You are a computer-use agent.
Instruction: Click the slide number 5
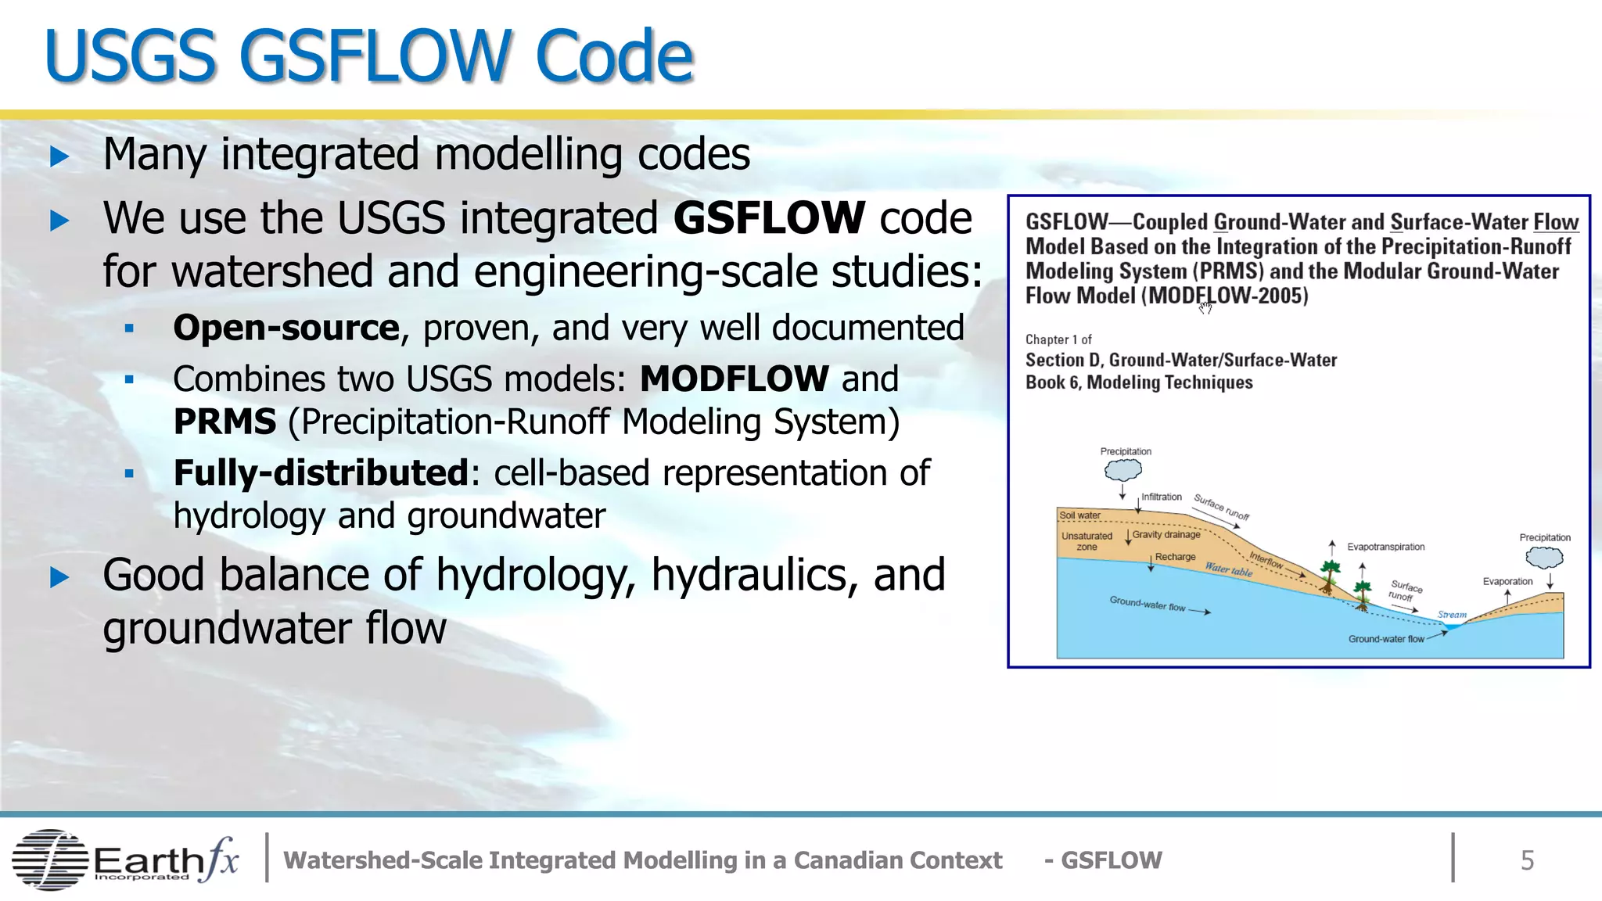tap(1527, 860)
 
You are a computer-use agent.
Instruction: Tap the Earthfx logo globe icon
tap(49, 860)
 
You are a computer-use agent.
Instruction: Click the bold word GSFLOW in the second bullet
tap(769, 218)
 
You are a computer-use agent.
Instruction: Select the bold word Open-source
tap(286, 328)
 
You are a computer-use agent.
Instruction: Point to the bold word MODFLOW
tap(734, 379)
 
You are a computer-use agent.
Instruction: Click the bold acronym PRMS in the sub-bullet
tap(224, 422)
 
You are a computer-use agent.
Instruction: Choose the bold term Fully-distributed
tap(321, 473)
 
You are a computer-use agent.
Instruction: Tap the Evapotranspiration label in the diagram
tap(1385, 547)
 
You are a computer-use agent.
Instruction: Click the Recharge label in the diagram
tap(1175, 557)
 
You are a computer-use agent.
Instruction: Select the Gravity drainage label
tap(1166, 535)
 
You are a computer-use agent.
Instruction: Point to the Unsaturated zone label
tap(1087, 541)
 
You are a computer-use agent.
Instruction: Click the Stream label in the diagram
tap(1452, 615)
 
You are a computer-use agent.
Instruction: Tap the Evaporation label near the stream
tap(1507, 581)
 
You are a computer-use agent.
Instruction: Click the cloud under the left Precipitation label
tap(1123, 470)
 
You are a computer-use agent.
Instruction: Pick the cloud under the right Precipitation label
tap(1544, 558)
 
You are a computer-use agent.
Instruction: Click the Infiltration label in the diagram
tap(1161, 497)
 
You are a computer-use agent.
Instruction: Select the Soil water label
tap(1079, 515)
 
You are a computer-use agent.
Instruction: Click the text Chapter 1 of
tap(1058, 339)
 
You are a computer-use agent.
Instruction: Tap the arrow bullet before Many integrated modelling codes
tap(59, 156)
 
